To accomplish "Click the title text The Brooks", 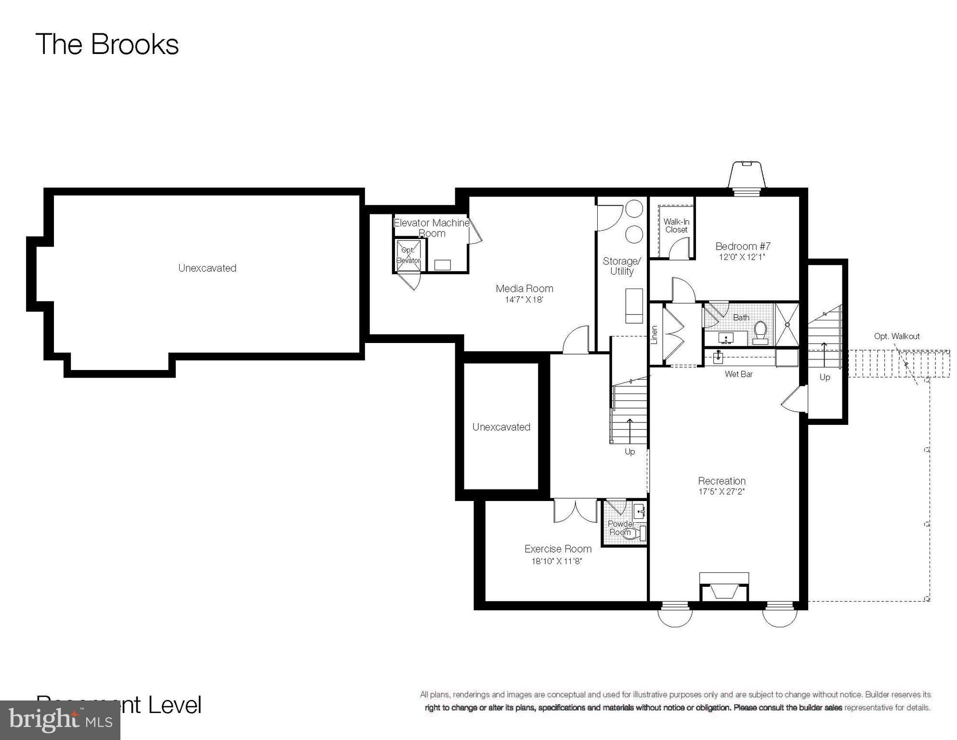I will pos(107,44).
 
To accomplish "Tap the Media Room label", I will pos(524,289).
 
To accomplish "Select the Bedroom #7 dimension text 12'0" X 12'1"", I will pos(742,257).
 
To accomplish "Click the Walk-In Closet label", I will pos(676,225).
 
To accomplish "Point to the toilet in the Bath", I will pos(760,331).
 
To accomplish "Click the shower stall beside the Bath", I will pos(787,325).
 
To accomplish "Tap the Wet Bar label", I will pos(738,374).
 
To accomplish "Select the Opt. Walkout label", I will pos(897,336).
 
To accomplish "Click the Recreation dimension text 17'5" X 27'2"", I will pos(721,492).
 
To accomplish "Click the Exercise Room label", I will pos(558,549).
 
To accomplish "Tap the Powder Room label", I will pos(621,528).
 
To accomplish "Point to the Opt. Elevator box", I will pos(408,255).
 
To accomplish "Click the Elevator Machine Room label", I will pos(432,228).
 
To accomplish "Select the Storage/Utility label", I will pos(622,266).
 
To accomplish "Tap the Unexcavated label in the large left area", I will pos(207,268).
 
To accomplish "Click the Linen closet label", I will pos(654,335).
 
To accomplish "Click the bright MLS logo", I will pos(60,720).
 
